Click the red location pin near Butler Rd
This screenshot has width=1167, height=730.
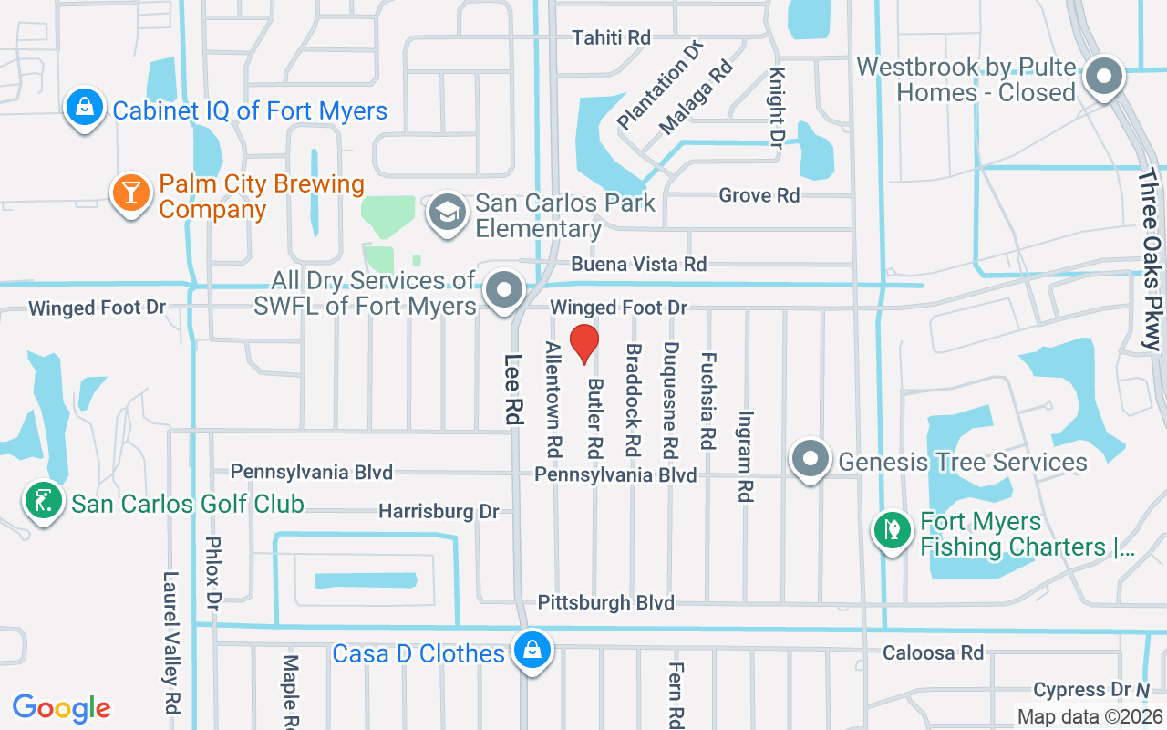583,343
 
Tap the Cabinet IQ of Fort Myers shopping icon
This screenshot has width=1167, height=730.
84,108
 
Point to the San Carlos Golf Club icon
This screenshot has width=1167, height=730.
43,501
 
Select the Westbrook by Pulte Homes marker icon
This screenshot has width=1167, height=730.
1104,77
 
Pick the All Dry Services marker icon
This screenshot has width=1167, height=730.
502,291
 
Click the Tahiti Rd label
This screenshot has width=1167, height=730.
611,37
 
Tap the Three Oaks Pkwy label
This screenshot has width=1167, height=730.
1152,259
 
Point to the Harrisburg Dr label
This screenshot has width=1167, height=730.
439,511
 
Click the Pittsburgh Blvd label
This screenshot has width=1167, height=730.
605,602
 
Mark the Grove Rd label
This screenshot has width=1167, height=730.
759,195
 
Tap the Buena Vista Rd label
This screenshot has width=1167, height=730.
638,264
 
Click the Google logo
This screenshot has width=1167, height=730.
61,708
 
